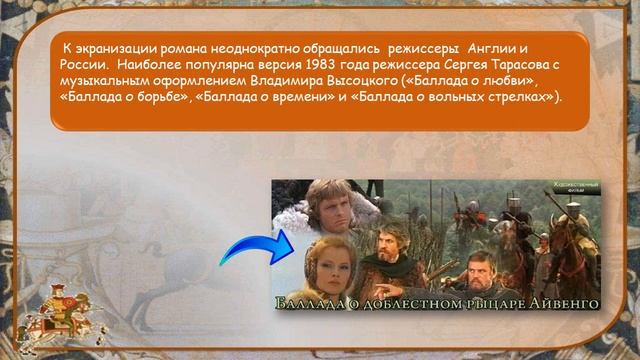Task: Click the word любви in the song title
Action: pyautogui.click(x=505, y=80)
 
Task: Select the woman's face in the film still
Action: pyautogui.click(x=325, y=261)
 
